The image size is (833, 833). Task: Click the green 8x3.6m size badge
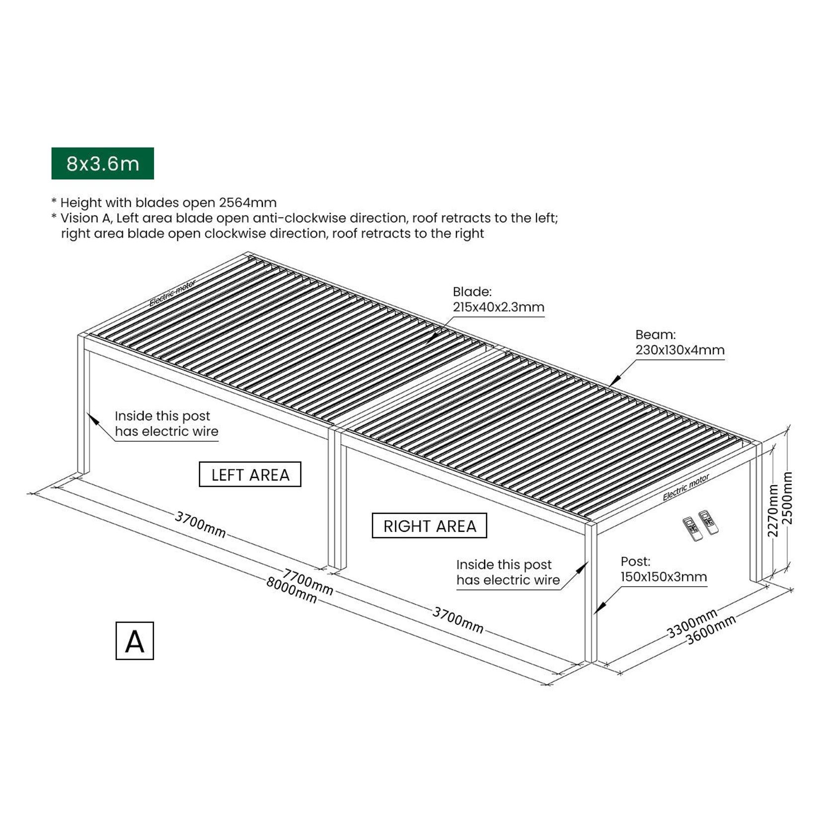click(102, 164)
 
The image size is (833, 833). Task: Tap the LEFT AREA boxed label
click(250, 475)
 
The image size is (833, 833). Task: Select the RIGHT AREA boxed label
click(429, 526)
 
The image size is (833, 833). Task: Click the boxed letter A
click(135, 641)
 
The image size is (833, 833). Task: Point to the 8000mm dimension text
click(291, 589)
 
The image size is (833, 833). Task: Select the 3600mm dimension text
click(711, 630)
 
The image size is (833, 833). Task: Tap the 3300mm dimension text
click(692, 623)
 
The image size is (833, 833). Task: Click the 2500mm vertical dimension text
click(788, 498)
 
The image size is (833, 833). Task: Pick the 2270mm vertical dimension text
click(773, 510)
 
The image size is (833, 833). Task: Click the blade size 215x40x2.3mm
click(498, 307)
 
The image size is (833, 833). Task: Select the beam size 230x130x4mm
click(679, 350)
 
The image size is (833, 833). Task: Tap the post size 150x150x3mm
click(663, 577)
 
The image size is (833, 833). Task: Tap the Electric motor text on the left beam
click(172, 293)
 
